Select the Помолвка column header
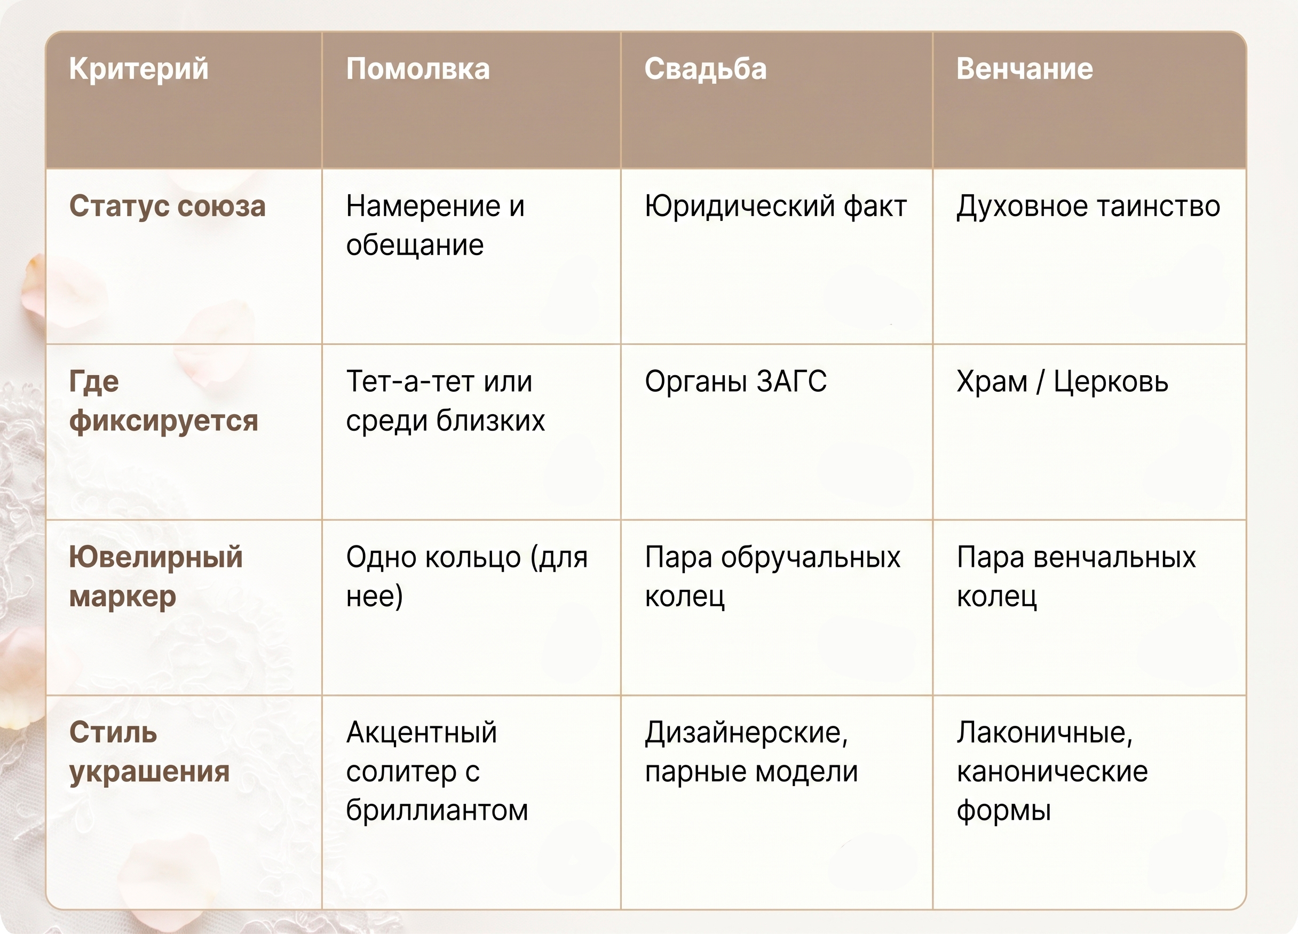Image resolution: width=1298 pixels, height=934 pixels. [x=418, y=69]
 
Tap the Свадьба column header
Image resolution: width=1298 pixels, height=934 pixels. [x=705, y=69]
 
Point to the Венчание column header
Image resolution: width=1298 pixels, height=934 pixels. [x=1024, y=69]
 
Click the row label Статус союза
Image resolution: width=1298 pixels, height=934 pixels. [x=167, y=206]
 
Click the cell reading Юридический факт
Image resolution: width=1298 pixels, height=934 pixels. [x=775, y=207]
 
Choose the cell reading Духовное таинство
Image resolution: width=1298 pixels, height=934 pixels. [x=1088, y=207]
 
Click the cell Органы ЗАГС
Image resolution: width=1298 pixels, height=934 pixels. [x=735, y=382]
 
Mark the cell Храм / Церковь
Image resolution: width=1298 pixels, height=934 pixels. [x=1062, y=382]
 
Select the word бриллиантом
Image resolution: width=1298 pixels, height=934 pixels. [x=437, y=810]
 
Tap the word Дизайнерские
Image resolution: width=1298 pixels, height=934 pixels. [x=746, y=733]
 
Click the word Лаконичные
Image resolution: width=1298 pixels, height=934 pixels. [x=1044, y=733]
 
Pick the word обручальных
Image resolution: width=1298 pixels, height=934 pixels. [x=810, y=557]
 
